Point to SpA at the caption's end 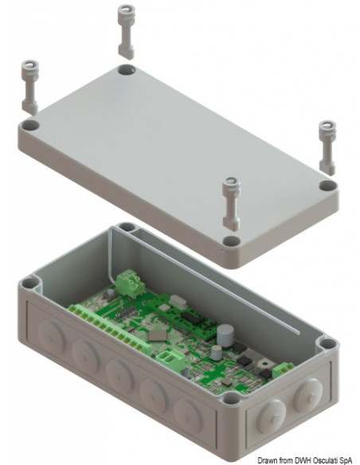click(x=349, y=458)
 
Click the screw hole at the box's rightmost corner click(x=327, y=343)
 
